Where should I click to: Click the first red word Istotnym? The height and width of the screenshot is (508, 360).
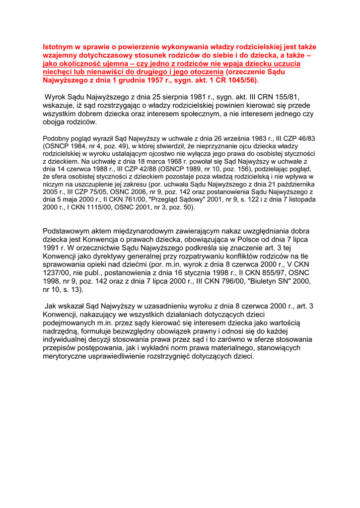59,47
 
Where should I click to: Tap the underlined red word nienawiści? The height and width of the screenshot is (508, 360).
115,72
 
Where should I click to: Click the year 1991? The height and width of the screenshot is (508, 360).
52,248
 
